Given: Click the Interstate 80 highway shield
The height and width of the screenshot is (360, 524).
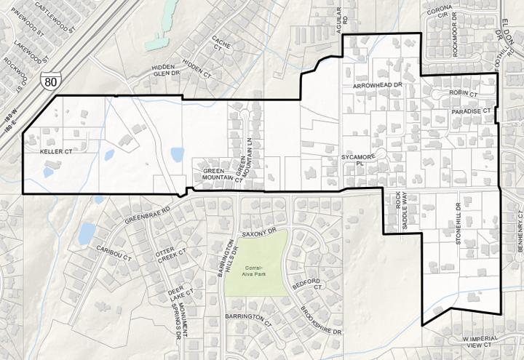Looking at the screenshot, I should (x=49, y=81).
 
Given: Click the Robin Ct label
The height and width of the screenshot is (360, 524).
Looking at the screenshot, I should (x=462, y=94).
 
